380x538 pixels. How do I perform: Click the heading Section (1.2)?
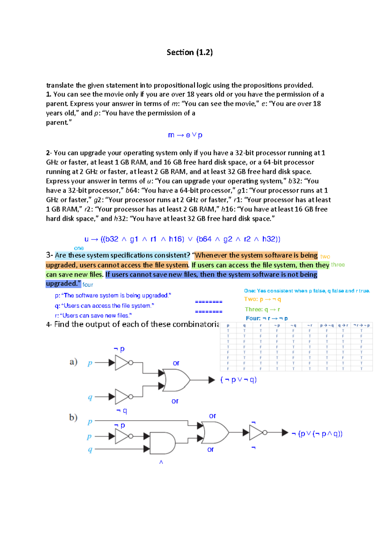tap(190, 52)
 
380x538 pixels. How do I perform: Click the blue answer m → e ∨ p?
tap(185, 135)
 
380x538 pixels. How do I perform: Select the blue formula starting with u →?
tap(182, 239)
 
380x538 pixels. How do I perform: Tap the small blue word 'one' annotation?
tap(79, 248)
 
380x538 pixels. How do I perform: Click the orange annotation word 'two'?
tap(325, 257)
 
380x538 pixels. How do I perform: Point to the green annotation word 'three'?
tap(338, 265)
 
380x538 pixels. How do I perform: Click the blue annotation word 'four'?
tap(88, 285)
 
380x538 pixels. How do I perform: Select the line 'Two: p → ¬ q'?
tap(263, 299)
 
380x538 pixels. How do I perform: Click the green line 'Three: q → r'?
tap(262, 309)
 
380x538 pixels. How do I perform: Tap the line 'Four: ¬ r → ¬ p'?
tap(267, 318)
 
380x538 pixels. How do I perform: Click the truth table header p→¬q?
tap(327, 325)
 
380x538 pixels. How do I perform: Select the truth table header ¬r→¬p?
tap(361, 325)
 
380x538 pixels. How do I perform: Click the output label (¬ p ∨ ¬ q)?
tap(238, 380)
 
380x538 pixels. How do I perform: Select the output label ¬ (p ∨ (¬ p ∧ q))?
tap(317, 434)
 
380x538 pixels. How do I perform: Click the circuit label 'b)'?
tap(73, 417)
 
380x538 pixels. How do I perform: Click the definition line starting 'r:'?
tap(93, 316)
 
